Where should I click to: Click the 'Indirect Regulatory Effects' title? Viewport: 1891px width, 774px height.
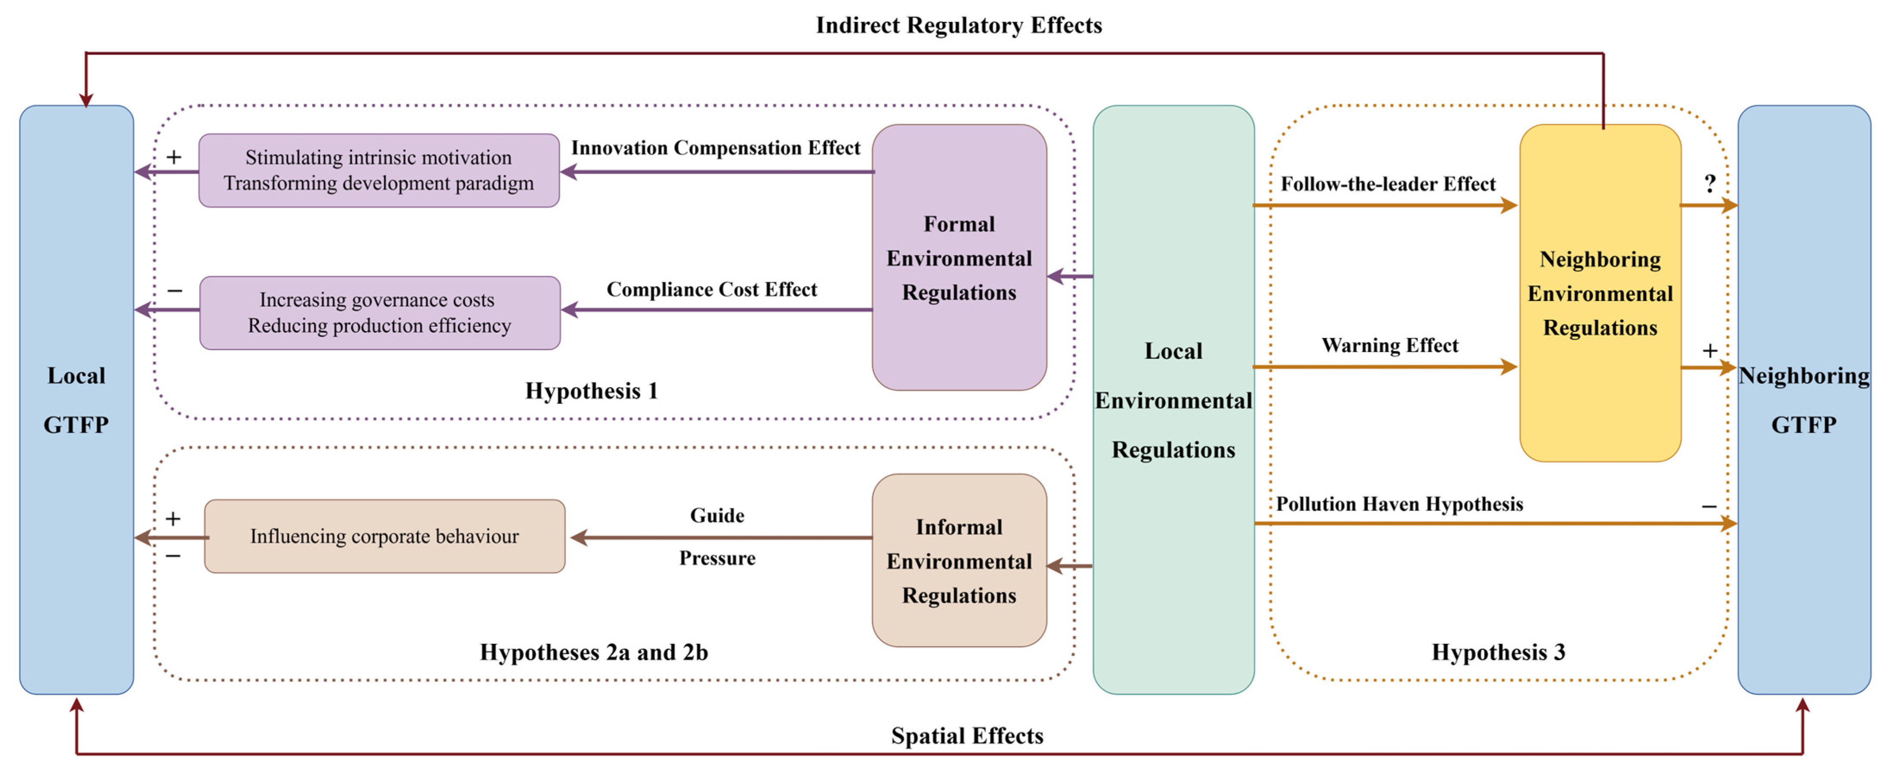click(x=959, y=26)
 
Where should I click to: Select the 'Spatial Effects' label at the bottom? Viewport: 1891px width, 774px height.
click(x=967, y=735)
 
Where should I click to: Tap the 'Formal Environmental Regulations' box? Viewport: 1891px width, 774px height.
click(x=959, y=257)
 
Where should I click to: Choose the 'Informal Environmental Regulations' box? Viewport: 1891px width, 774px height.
click(x=959, y=560)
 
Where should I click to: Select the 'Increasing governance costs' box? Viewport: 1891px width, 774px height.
click(x=379, y=313)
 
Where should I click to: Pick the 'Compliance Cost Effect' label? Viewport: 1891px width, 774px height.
click(x=711, y=289)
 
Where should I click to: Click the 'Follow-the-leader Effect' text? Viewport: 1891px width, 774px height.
click(x=1387, y=184)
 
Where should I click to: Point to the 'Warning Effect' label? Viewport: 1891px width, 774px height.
click(x=1390, y=345)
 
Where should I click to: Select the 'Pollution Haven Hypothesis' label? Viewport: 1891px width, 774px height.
click(x=1399, y=504)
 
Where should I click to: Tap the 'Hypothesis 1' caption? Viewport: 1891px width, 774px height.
click(x=592, y=391)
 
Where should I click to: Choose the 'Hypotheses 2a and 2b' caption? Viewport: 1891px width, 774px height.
click(x=594, y=652)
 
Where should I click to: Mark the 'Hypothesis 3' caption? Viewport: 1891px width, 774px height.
click(x=1498, y=652)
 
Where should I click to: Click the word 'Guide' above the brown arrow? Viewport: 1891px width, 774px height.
click(x=717, y=516)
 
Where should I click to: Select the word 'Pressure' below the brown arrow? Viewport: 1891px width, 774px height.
click(x=717, y=558)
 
